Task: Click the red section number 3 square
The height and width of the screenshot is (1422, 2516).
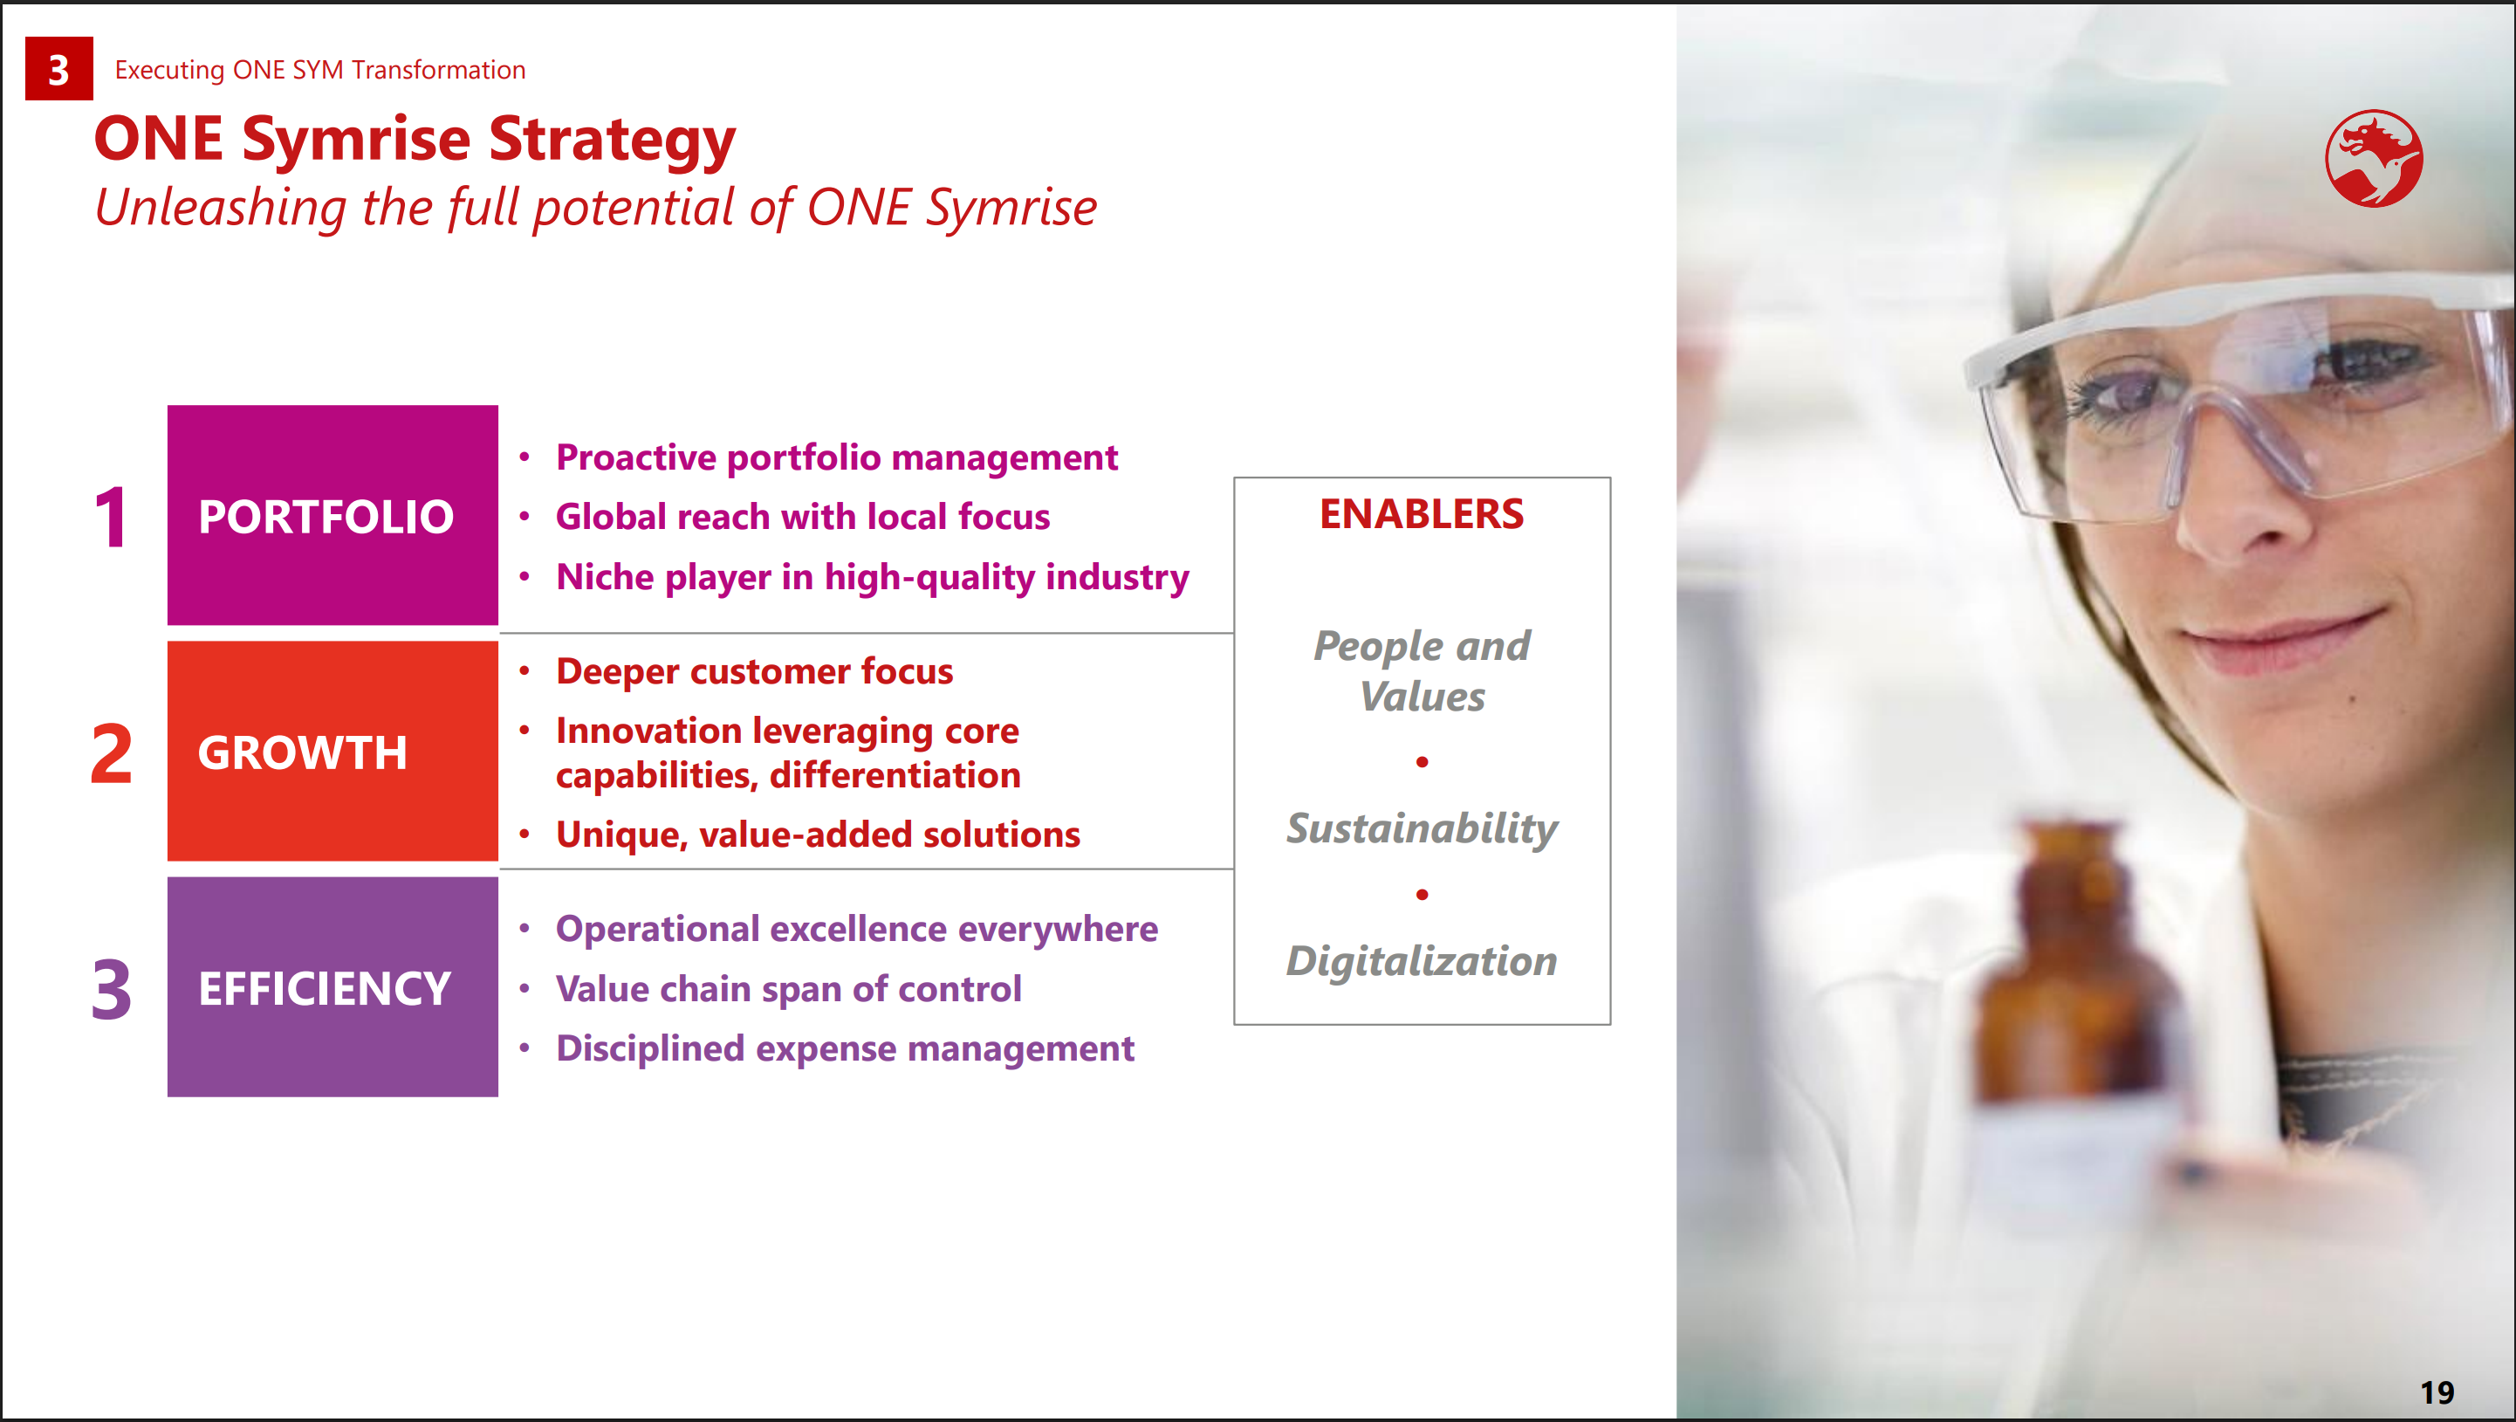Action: click(58, 68)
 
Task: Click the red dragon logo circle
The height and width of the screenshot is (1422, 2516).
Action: click(2374, 158)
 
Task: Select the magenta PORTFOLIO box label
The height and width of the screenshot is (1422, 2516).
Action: click(326, 517)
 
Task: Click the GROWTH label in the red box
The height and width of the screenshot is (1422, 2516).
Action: click(303, 753)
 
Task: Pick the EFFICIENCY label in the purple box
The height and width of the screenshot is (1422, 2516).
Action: click(326, 988)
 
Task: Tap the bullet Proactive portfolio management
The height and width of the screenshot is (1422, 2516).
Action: click(837, 457)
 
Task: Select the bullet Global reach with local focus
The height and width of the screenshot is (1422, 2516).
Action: click(803, 517)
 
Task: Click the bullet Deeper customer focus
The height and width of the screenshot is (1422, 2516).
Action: click(754, 671)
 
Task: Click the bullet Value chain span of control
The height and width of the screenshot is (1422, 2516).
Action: click(789, 988)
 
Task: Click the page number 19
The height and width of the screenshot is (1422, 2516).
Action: click(2437, 1391)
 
